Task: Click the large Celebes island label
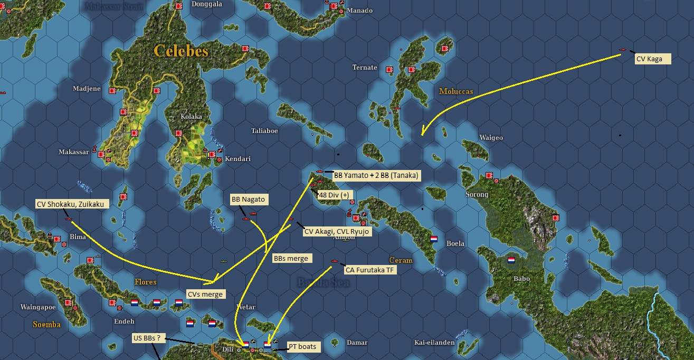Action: [181, 51]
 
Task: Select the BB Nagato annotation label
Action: [248, 200]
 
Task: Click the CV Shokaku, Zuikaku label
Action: [72, 204]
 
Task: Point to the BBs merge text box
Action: [291, 258]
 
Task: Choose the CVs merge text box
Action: [205, 294]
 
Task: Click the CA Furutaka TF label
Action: [371, 270]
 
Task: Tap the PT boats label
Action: [302, 346]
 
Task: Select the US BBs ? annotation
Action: [149, 338]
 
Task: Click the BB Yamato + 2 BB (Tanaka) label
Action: [377, 175]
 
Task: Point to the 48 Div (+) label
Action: [334, 195]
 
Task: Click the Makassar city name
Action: [73, 152]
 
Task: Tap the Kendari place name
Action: [237, 159]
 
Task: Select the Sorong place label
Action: [477, 195]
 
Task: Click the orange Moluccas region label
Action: [456, 91]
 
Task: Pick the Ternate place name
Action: [365, 68]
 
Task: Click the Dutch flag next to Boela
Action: [434, 239]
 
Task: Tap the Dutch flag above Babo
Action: [511, 260]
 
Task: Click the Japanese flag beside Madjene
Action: [112, 91]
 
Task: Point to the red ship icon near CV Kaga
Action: [623, 51]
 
